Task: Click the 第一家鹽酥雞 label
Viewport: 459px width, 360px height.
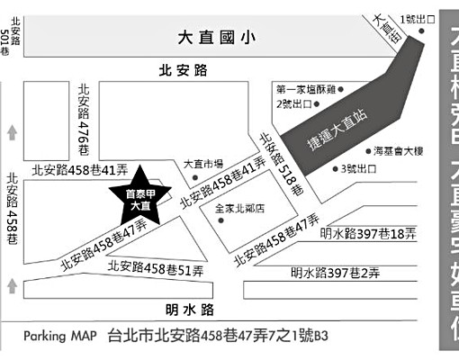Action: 306,89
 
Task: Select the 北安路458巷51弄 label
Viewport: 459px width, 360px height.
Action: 155,267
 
